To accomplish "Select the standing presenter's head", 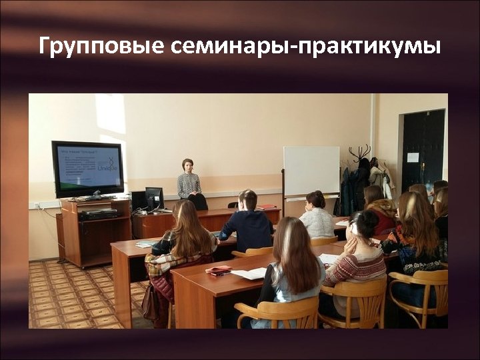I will tap(187, 165).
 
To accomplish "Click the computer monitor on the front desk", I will tap(154, 197).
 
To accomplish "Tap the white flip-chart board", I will tap(311, 171).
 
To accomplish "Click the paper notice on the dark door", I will tap(413, 157).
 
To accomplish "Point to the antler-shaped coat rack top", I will tap(360, 153).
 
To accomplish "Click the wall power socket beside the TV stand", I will tap(38, 205).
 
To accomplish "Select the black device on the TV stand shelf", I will tap(98, 215).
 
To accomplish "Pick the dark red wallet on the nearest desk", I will tap(218, 269).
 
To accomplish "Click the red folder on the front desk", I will tap(267, 207).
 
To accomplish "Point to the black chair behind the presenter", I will tap(198, 201).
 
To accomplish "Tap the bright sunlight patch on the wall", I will tap(111, 117).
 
